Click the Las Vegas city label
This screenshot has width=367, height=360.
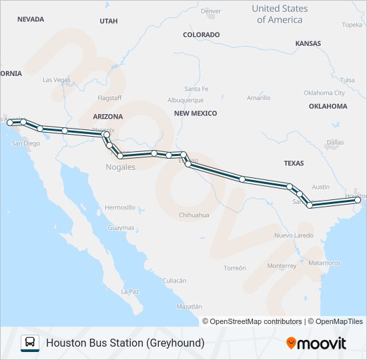(56, 80)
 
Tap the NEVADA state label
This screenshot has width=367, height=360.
(31, 19)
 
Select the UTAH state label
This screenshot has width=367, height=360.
(108, 21)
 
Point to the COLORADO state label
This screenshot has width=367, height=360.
(201, 35)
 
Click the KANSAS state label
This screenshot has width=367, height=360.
(308, 43)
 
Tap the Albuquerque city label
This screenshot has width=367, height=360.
(186, 100)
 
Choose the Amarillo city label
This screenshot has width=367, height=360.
(258, 98)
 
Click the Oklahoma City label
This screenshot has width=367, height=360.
(324, 93)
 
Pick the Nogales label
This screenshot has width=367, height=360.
(120, 167)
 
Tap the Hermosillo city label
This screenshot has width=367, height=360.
(120, 207)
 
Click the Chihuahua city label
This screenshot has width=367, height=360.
(194, 215)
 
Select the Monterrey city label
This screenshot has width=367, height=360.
(281, 265)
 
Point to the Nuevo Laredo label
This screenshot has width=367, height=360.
(294, 236)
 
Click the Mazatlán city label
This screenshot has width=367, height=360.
(189, 307)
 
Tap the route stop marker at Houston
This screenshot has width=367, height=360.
(358, 200)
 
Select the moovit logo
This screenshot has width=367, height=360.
(316, 343)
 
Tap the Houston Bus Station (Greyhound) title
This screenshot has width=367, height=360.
(125, 343)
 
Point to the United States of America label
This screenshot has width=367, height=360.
(280, 14)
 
